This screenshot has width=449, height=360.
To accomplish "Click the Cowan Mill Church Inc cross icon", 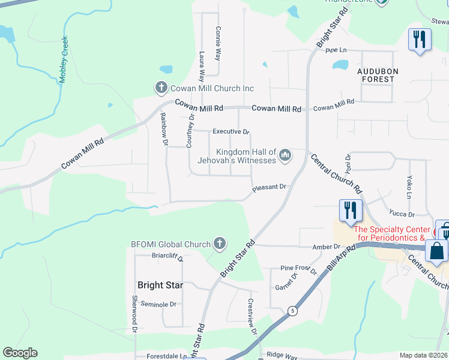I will [161, 88].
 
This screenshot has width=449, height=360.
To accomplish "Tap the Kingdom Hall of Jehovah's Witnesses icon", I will [285, 156].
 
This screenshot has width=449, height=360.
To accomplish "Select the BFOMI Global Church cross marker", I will [220, 244].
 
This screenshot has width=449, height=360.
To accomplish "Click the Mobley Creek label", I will [64, 60].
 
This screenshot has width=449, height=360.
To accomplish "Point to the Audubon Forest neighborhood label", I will [376, 75].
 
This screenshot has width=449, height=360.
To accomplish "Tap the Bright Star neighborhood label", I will [160, 285].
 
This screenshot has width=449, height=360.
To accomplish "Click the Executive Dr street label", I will [231, 131].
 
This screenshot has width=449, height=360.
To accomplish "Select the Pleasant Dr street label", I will [271, 187].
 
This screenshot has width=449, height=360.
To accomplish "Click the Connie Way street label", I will [218, 44].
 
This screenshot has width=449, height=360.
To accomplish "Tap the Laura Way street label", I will [202, 66].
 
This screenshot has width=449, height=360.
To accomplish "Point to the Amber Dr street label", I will [326, 247].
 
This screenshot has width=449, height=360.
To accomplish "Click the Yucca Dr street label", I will [402, 214].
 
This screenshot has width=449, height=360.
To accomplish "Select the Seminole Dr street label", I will [158, 304].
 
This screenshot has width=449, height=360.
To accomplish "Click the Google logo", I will [20, 353].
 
